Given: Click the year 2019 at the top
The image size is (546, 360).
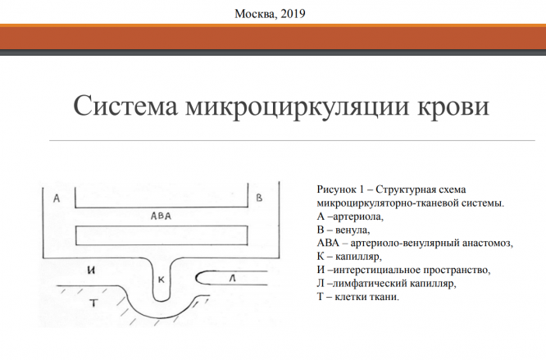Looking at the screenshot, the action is [x=292, y=14].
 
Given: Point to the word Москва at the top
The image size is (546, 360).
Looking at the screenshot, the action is [x=255, y=14].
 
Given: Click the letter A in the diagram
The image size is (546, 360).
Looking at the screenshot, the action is [x=56, y=198].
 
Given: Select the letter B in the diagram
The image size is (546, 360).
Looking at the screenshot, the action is [x=259, y=198].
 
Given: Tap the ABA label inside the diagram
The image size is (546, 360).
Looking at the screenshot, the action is [x=162, y=216].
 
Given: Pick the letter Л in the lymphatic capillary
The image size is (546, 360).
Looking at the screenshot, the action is [x=232, y=280].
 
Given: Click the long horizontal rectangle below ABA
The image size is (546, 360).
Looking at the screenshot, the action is [x=162, y=235].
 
